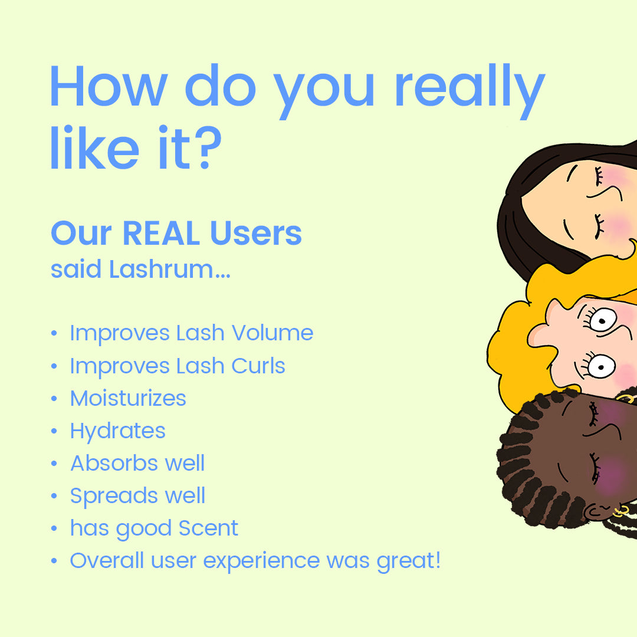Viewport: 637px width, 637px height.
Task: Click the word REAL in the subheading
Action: pyautogui.click(x=161, y=234)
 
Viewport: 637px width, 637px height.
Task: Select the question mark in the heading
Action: pyautogui.click(x=209, y=147)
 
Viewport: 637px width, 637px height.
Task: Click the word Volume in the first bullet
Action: pyautogui.click(x=272, y=333)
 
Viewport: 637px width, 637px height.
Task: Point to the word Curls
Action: pyautogui.click(x=258, y=366)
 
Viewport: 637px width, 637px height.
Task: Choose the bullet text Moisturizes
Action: pyautogui.click(x=129, y=398)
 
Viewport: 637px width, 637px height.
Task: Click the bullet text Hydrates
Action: pyautogui.click(x=118, y=431)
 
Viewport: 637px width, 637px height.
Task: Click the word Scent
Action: pyautogui.click(x=208, y=528)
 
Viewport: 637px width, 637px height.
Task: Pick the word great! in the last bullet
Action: pyautogui.click(x=409, y=562)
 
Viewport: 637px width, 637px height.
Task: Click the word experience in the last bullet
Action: pyautogui.click(x=261, y=562)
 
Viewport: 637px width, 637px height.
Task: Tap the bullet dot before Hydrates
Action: pyautogui.click(x=54, y=431)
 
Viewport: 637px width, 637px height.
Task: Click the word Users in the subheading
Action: pyautogui.click(x=256, y=234)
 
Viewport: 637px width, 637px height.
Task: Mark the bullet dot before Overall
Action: pyautogui.click(x=54, y=561)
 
